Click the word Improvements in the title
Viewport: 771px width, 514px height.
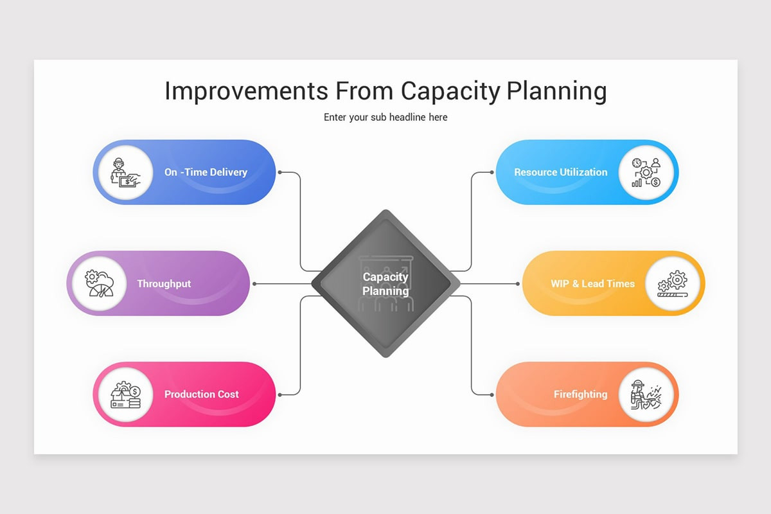click(247, 91)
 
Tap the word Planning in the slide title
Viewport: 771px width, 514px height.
click(556, 91)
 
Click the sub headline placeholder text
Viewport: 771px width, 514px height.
click(385, 118)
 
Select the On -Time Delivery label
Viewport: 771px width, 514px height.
click(206, 172)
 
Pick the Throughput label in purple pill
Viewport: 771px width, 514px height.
click(164, 283)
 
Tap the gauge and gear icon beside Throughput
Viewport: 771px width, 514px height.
click(98, 283)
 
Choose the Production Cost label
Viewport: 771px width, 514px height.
click(201, 394)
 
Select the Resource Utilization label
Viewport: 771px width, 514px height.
click(560, 172)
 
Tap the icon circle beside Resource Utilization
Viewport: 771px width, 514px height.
click(646, 172)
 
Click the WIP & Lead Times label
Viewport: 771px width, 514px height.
click(592, 283)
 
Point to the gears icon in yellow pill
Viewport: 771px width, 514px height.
click(673, 283)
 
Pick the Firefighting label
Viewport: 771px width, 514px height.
click(580, 394)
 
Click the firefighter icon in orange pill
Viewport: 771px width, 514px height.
click(646, 394)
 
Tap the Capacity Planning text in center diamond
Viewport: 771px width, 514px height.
click(385, 284)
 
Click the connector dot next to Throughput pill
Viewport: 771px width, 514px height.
click(255, 283)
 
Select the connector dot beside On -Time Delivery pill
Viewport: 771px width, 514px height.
click(280, 172)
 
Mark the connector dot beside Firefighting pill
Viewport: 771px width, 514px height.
click(492, 394)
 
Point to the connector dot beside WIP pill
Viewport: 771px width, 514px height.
click(517, 283)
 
